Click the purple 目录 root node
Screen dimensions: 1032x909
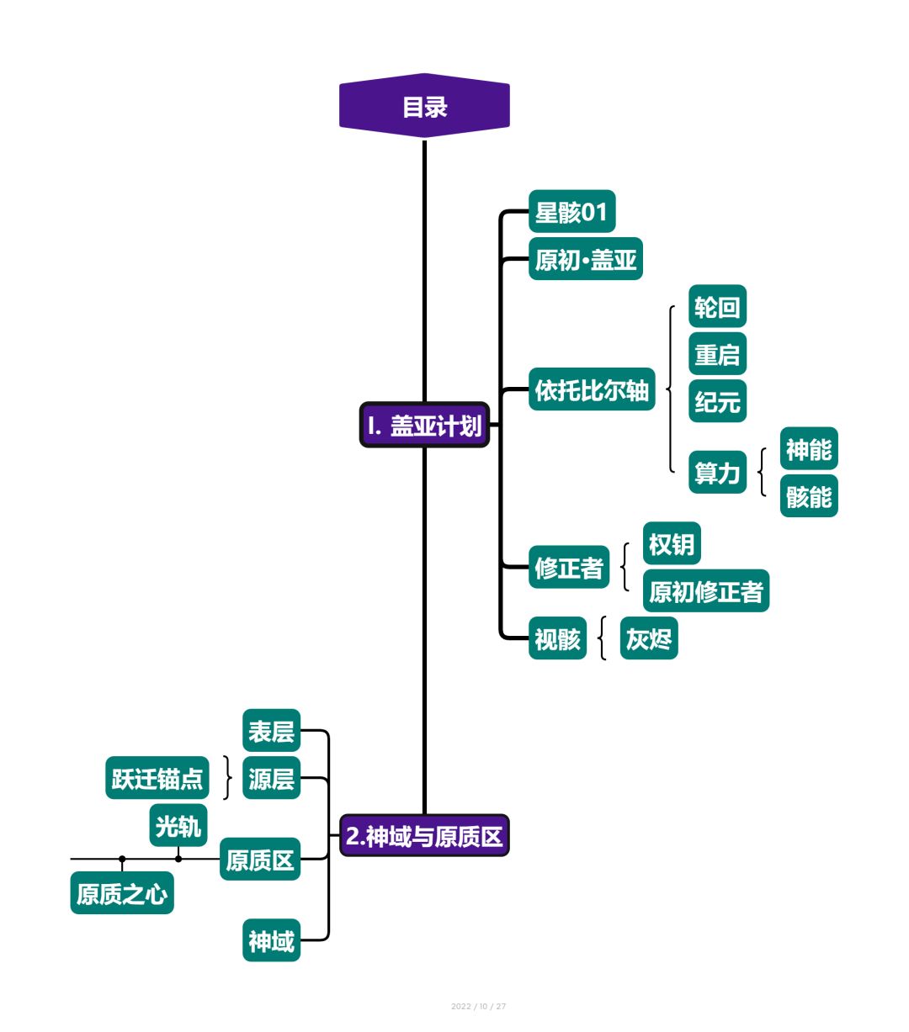(x=424, y=107)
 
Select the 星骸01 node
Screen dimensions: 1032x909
(x=571, y=212)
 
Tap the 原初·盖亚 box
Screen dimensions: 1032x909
(x=585, y=259)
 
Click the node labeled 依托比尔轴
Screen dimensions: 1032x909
(x=592, y=390)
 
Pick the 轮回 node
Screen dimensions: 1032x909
(x=717, y=307)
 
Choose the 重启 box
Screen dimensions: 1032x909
(x=717, y=354)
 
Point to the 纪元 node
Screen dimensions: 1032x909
(x=717, y=401)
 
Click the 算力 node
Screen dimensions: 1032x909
(x=717, y=473)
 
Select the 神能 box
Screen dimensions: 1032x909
(x=808, y=449)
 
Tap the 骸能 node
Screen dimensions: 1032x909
(x=808, y=496)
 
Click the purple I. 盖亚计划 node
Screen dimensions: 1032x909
(x=424, y=425)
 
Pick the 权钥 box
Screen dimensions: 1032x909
(x=672, y=544)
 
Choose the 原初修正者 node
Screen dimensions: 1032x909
(x=705, y=591)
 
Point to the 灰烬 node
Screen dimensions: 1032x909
(x=649, y=639)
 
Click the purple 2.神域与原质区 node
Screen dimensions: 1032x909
(x=424, y=835)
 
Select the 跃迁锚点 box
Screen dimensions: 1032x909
(x=157, y=778)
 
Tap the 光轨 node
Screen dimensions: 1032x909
(x=178, y=826)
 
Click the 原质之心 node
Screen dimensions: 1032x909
(x=122, y=893)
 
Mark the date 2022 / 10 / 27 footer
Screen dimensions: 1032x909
(x=478, y=1006)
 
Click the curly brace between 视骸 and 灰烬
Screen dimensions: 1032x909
(x=603, y=638)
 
